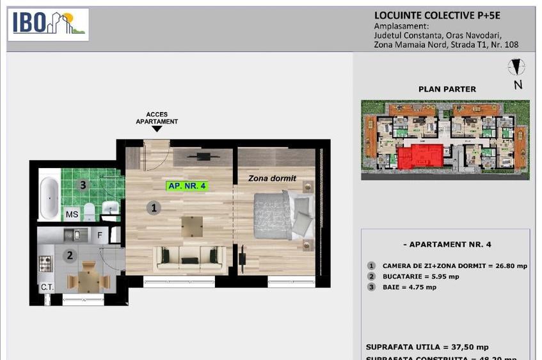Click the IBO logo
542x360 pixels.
point(49,24)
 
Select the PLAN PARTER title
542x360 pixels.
point(447,90)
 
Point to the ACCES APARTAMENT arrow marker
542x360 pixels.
point(157,129)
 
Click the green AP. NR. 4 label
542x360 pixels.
point(187,186)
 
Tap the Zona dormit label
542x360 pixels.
point(272,178)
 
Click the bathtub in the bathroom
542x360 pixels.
point(49,198)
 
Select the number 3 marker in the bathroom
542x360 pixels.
point(82,185)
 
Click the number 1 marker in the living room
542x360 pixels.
point(153,207)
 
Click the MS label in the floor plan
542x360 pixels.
point(72,215)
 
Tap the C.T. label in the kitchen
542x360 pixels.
point(47,287)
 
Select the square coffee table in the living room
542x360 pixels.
point(192,226)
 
